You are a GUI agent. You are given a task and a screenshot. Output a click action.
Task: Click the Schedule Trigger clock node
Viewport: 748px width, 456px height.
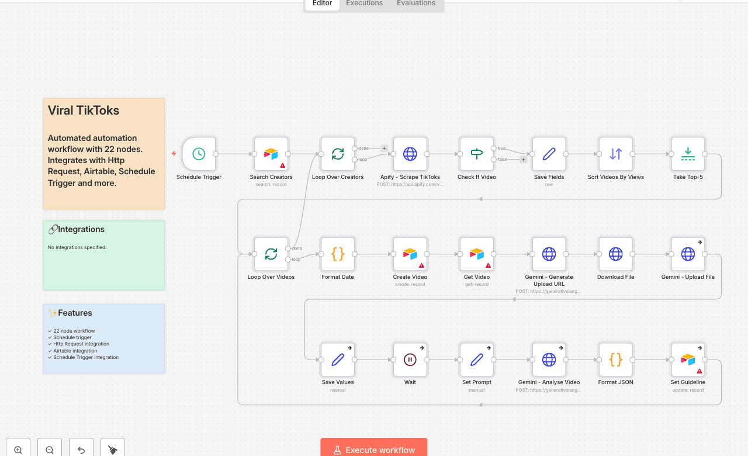point(199,154)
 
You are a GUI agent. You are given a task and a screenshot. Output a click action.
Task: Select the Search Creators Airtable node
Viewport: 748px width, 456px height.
point(271,154)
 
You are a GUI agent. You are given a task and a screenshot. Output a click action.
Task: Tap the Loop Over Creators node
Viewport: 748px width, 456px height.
point(338,154)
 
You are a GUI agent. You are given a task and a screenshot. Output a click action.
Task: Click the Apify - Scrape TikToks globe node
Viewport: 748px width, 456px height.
point(410,154)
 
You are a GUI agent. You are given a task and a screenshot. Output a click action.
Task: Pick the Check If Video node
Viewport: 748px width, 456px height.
point(477,154)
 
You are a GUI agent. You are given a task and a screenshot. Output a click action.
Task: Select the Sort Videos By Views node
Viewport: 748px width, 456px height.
point(615,154)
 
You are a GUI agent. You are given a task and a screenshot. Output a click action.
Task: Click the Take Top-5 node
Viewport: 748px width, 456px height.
point(688,154)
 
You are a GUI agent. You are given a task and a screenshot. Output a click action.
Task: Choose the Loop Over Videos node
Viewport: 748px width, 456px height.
point(271,254)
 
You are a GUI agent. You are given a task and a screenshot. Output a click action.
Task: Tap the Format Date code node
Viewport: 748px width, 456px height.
point(338,254)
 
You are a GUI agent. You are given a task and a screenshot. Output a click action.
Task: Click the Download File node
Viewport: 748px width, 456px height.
point(615,254)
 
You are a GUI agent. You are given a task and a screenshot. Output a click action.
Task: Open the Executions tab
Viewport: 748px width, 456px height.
point(364,4)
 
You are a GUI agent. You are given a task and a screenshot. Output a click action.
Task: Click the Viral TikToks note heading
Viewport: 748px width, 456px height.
point(84,110)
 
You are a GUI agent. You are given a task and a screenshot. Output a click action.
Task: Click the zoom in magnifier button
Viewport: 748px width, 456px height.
point(18,450)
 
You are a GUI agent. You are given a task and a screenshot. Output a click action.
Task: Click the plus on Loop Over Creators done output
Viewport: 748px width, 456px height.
point(384,148)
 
